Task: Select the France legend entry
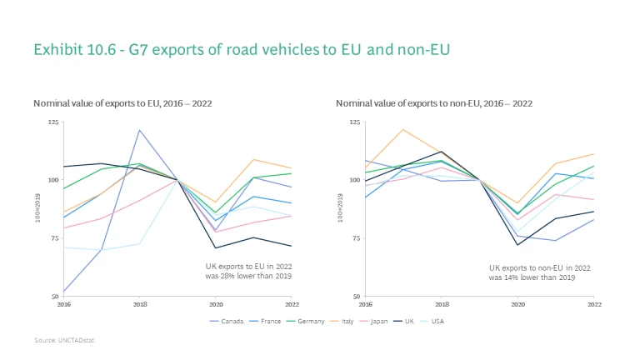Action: pos(269,320)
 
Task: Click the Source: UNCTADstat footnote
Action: pos(62,341)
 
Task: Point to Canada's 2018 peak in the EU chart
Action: pos(140,130)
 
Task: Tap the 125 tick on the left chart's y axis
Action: pos(53,122)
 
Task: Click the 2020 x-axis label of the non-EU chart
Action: pos(517,304)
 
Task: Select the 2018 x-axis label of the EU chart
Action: pos(140,304)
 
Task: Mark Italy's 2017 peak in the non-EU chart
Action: pos(402,129)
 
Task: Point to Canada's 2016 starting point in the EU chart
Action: pos(64,292)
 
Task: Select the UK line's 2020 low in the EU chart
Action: pos(216,247)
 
